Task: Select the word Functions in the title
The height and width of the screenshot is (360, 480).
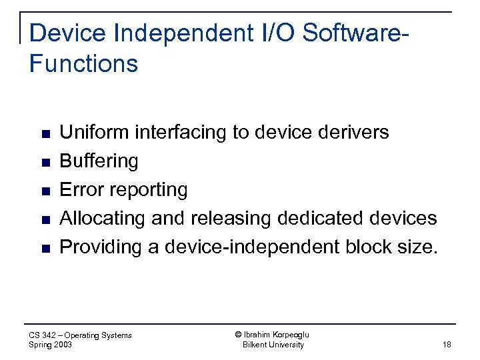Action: tap(84, 64)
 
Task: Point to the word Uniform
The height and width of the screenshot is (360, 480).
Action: tap(95, 132)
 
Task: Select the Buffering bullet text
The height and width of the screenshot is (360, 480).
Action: tap(99, 161)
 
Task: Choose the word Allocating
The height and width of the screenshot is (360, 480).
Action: tap(103, 219)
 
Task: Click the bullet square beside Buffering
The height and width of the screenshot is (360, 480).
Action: tap(45, 162)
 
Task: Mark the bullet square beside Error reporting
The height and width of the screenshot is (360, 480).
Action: tap(45, 191)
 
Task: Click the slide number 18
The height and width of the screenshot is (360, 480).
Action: tap(446, 345)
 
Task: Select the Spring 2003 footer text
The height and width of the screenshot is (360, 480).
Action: tap(51, 345)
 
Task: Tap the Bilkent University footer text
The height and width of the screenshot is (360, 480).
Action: tap(273, 345)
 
